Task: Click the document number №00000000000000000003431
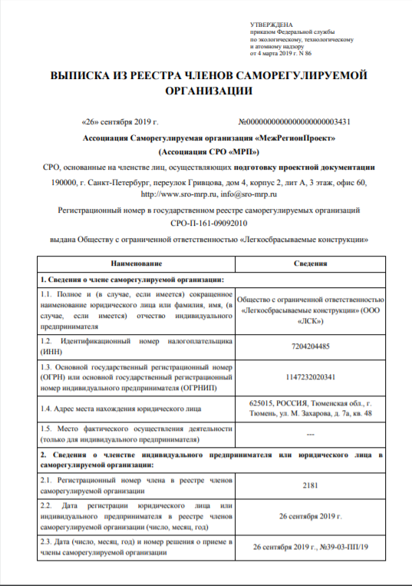295,122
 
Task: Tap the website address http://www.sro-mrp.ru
163,195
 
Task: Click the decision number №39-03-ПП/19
341,548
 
